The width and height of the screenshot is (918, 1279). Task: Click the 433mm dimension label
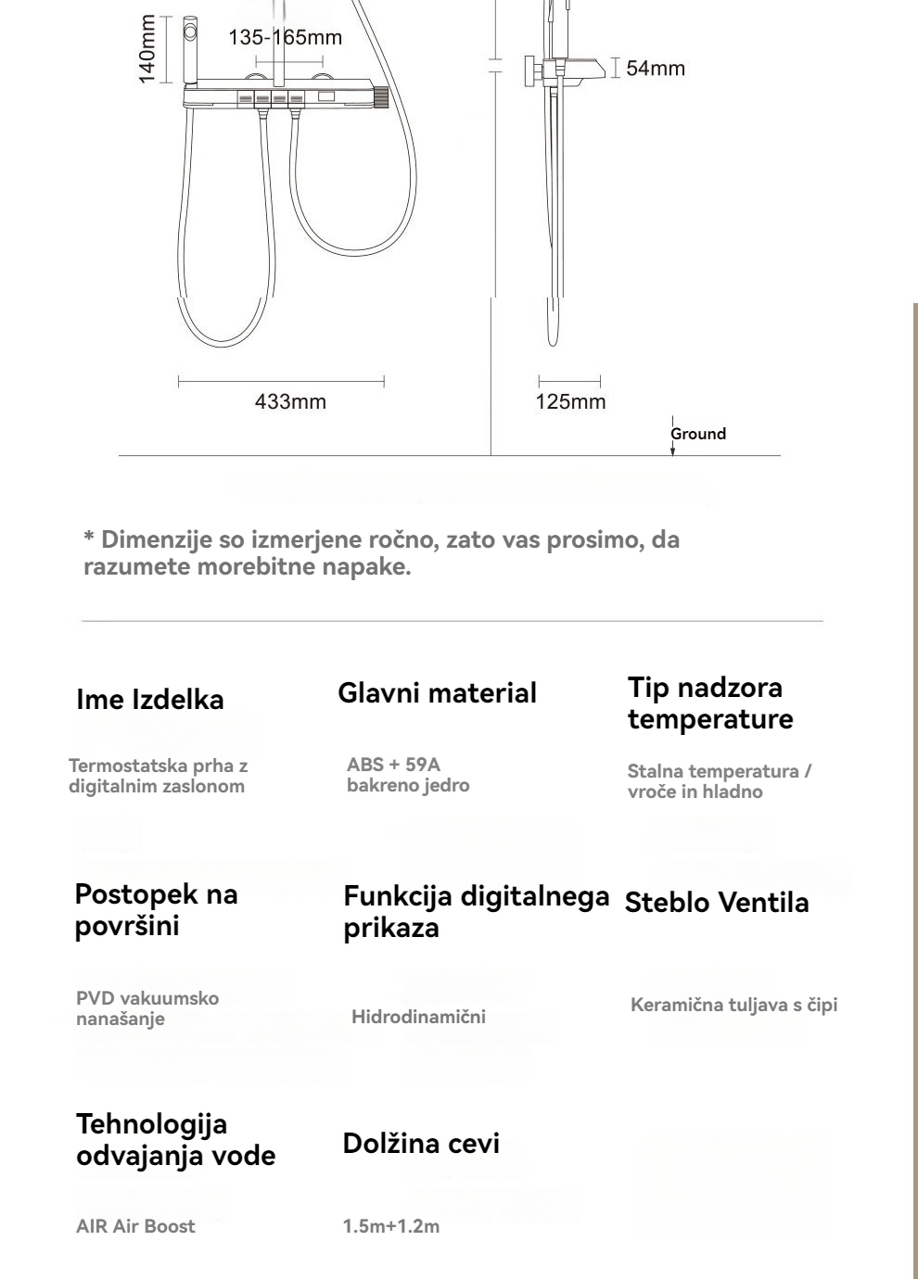coord(290,401)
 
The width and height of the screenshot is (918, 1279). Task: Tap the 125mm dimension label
coord(570,401)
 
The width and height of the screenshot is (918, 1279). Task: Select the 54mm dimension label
coord(656,68)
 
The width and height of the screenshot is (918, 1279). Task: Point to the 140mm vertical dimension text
coord(147,50)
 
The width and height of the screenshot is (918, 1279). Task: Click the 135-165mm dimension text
coord(285,37)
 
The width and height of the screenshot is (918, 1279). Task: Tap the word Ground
coord(699,434)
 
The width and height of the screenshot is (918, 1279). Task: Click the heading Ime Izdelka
coord(150,700)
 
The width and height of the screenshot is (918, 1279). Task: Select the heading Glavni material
coord(437,693)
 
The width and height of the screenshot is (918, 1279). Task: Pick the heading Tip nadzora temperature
coord(710,703)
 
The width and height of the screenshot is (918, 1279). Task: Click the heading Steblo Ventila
coord(717,903)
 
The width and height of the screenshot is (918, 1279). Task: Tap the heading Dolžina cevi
coord(421,1144)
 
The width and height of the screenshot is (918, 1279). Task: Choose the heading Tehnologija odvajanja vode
coord(176,1140)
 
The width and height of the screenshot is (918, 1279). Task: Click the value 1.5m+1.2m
coord(391,1226)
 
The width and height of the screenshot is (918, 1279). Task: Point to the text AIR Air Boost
coord(135,1226)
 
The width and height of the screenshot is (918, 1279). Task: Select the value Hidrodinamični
coord(418,1017)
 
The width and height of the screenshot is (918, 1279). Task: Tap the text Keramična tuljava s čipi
coord(733,1006)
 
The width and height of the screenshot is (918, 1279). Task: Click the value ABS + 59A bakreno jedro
coord(408,775)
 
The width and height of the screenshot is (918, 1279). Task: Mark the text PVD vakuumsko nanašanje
coord(147,1008)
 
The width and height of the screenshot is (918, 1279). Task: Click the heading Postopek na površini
coord(157,910)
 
